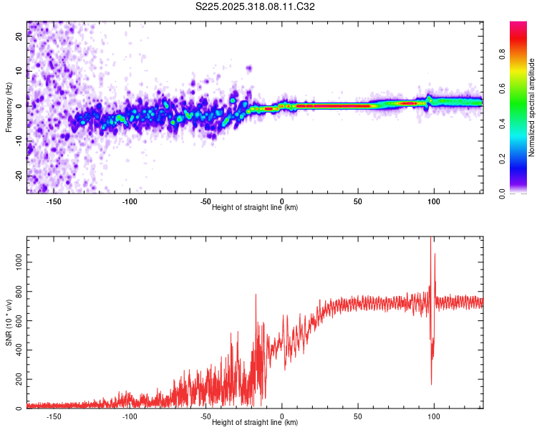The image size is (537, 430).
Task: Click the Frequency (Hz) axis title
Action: [9, 107]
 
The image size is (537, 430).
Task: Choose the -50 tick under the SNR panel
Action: [205, 416]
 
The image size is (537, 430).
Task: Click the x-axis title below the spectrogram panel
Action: [255, 208]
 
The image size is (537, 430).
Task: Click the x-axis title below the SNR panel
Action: [255, 423]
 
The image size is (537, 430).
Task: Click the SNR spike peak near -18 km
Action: [255, 295]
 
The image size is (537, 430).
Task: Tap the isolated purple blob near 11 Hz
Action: [248, 69]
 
